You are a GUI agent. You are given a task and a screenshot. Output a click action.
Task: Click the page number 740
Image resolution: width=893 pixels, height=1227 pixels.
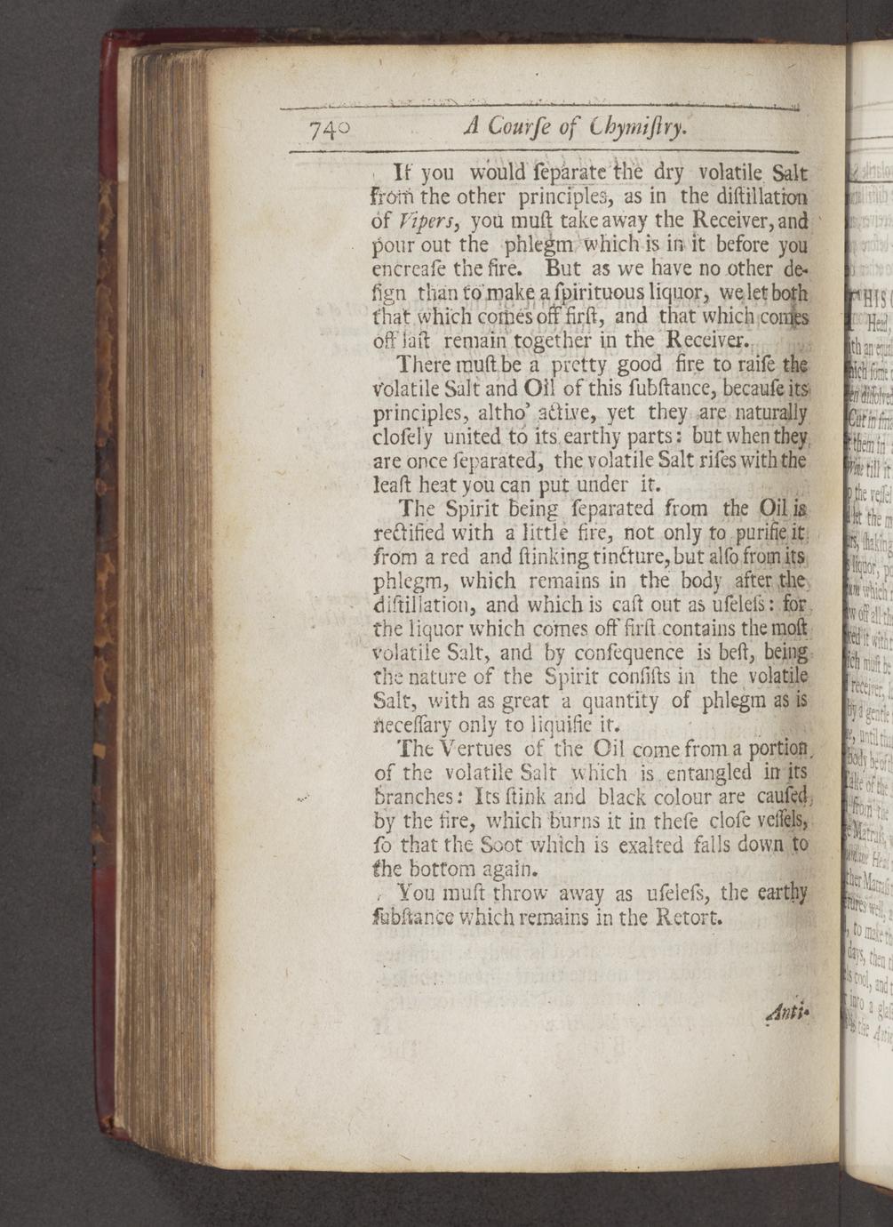(x=329, y=130)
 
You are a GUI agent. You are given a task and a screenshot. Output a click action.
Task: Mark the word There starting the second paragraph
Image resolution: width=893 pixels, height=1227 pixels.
(x=425, y=365)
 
